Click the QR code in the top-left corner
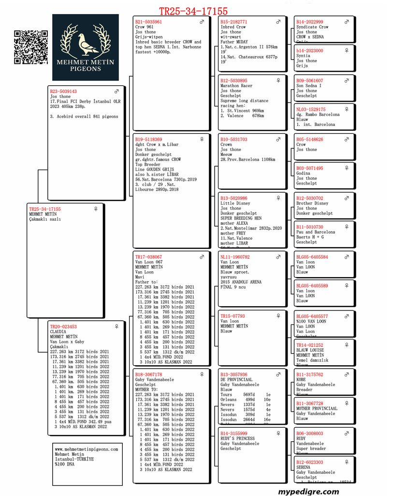pos(31,47)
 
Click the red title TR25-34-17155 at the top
pos(193,11)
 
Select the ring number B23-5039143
pos(63,92)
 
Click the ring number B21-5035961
pos(149,22)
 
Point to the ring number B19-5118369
pos(149,139)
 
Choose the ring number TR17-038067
pos(149,257)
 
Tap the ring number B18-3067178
pos(149,375)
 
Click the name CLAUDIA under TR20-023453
pos(58,332)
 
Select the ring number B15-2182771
pos(234,22)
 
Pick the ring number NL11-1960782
pos(235,257)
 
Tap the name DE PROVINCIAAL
pos(236,380)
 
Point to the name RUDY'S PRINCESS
pos(238,439)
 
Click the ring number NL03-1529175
pos(311,110)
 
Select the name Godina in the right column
pos(304,173)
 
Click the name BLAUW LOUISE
pos(310,350)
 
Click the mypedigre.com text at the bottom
pos(308,491)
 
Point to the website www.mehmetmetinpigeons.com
pos(87,449)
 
